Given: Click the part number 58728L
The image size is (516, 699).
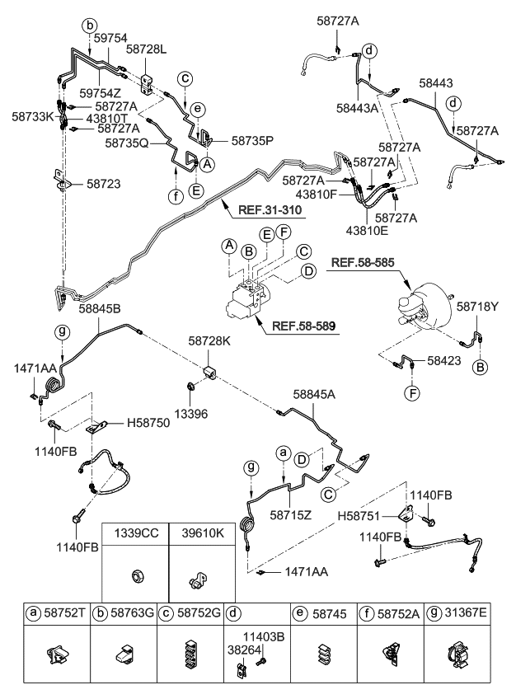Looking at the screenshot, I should [x=146, y=50].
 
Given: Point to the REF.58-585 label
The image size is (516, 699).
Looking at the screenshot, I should [x=364, y=264].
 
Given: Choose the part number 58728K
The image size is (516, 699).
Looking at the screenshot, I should [x=209, y=340].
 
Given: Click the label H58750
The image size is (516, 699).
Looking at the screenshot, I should [x=148, y=424].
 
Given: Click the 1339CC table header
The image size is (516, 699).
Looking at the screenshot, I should [x=135, y=533].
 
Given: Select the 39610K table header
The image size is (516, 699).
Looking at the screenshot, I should [x=202, y=533].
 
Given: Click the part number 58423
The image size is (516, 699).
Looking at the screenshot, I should [x=448, y=360].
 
